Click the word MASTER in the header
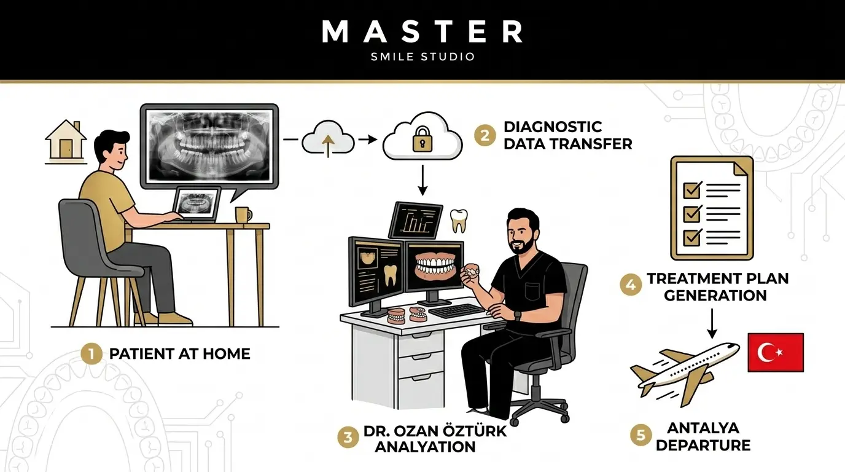422,31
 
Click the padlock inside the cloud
422,139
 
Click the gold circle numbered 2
485,135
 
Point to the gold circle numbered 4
631,285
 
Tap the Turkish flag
776,352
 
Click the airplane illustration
685,374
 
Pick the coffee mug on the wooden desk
243,214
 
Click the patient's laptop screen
197,203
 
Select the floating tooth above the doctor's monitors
459,221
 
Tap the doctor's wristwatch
518,316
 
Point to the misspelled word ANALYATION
425,447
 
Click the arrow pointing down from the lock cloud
422,180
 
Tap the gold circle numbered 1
92,354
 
